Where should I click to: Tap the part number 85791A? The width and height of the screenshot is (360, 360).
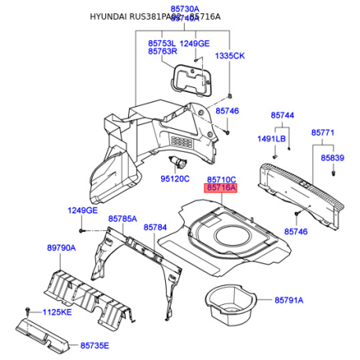[x=289, y=300]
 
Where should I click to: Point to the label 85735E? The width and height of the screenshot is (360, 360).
[x=94, y=345]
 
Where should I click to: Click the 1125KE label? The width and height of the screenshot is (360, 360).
[x=57, y=313]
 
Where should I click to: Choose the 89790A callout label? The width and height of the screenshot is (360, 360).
[x=61, y=248]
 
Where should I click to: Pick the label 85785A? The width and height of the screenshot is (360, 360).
[x=123, y=219]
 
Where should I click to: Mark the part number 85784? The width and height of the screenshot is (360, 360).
[x=156, y=227]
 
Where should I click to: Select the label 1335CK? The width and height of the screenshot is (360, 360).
[x=230, y=56]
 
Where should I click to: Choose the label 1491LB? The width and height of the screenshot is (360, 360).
[x=272, y=139]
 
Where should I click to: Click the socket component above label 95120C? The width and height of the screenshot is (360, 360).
[x=180, y=162]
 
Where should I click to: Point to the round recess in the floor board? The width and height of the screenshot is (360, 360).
[x=234, y=235]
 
